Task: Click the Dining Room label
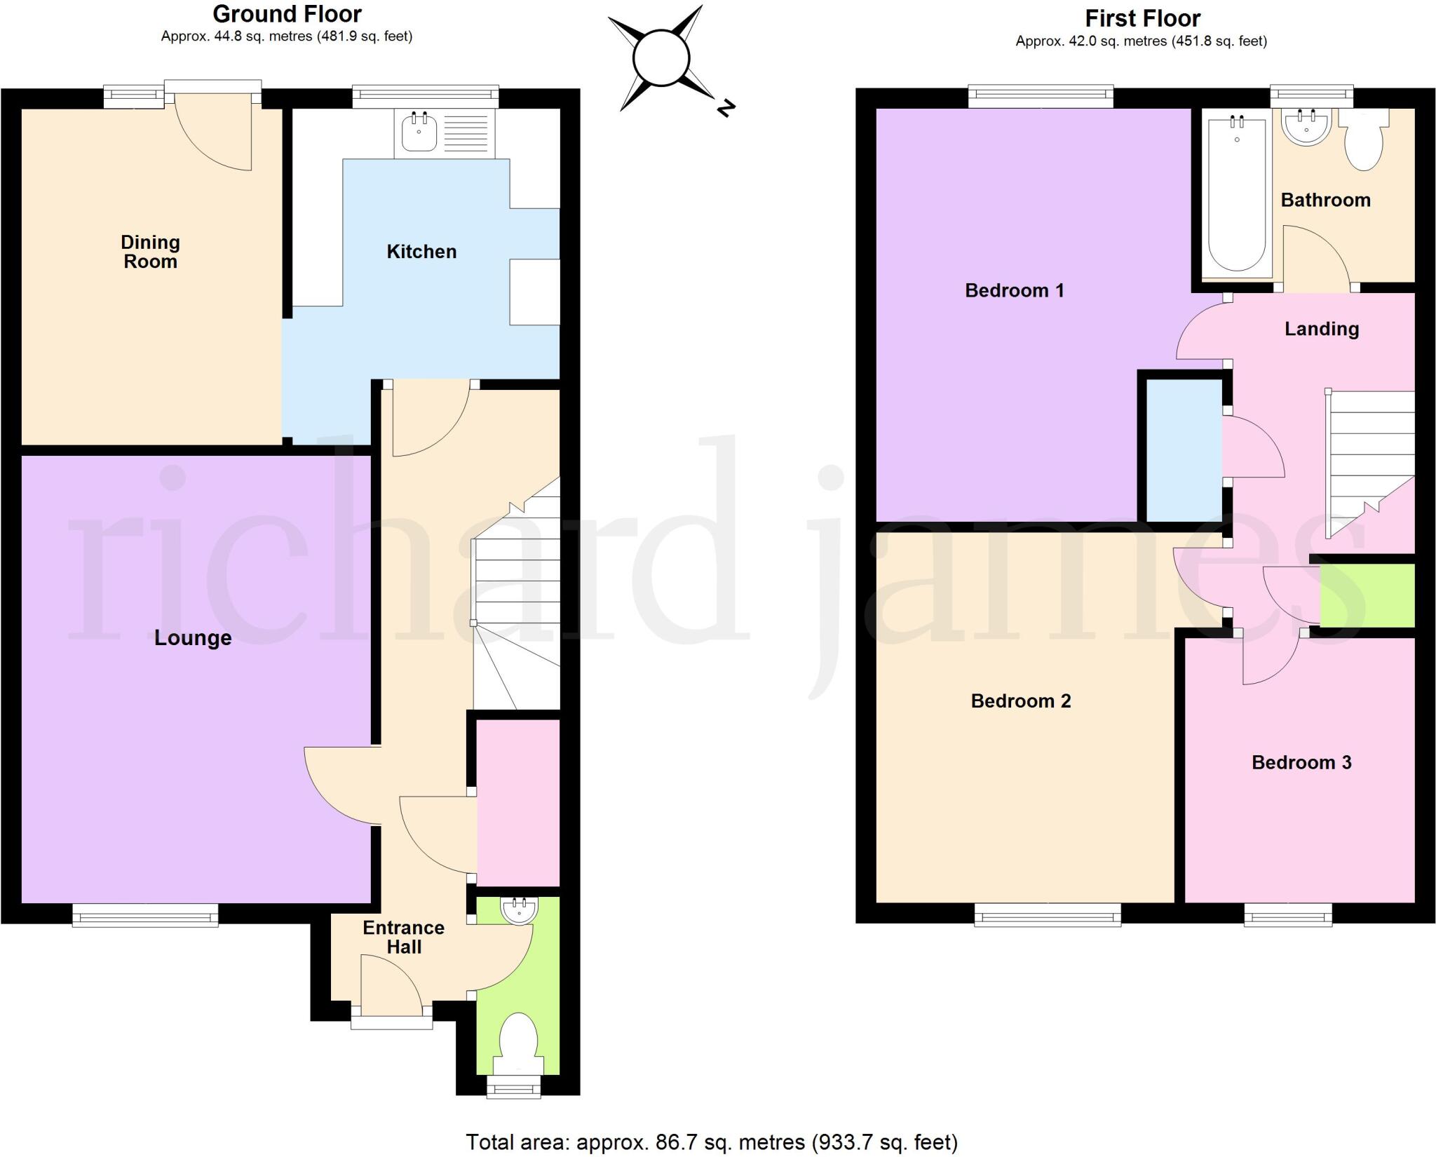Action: point(150,252)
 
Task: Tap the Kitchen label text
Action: point(421,252)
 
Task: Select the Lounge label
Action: point(193,638)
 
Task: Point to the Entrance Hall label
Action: point(403,938)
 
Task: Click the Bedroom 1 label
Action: point(1014,290)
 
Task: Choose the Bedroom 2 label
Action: point(1020,701)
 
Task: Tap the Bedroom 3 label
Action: point(1301,763)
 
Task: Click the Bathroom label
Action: point(1325,201)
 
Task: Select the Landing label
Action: point(1321,329)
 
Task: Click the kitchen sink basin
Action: point(419,133)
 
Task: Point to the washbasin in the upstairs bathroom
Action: point(1306,127)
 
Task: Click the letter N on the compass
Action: point(726,109)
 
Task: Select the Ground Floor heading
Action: point(287,14)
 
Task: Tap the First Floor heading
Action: point(1143,18)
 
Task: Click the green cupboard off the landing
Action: point(1367,595)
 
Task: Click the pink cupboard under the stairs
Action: point(518,802)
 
